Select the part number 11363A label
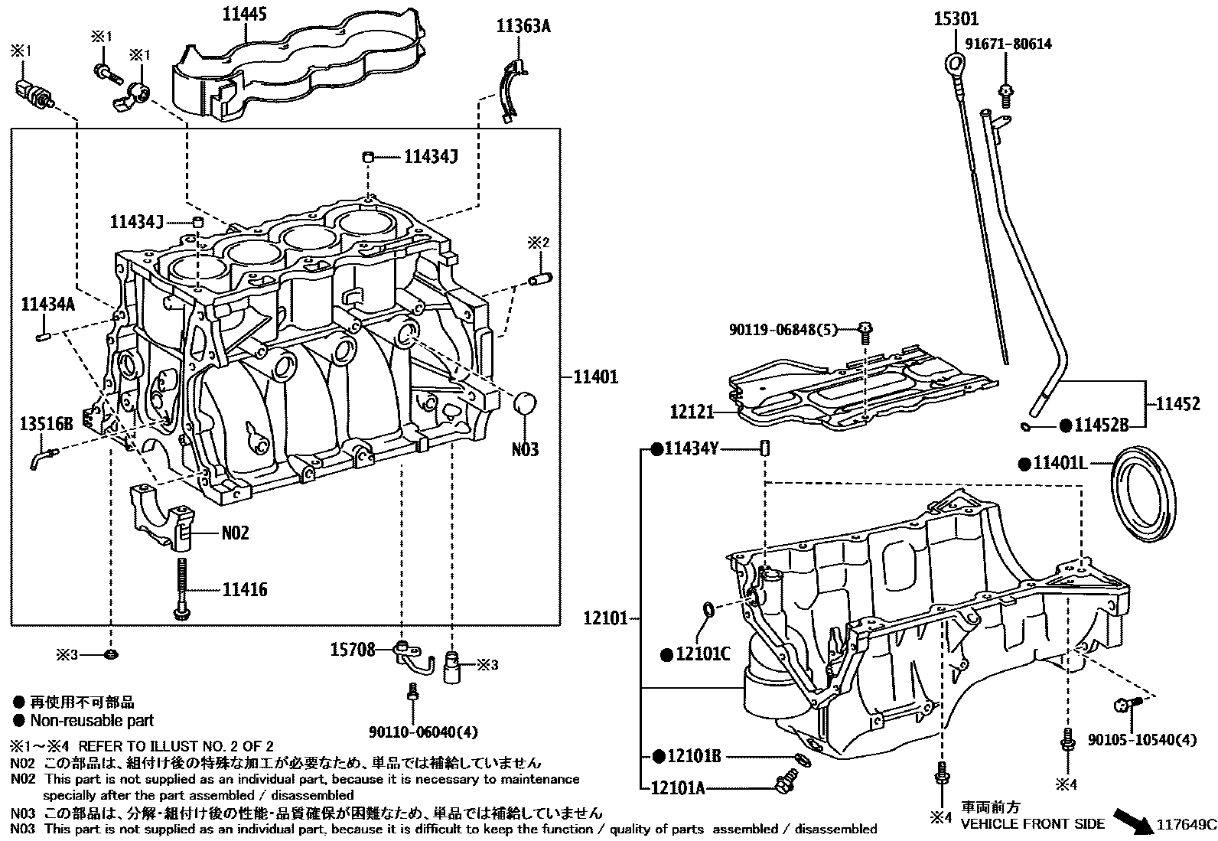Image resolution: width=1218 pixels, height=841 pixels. tap(523, 27)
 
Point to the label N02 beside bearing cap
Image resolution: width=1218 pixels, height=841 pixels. tap(235, 533)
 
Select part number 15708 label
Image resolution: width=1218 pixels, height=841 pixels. tap(353, 650)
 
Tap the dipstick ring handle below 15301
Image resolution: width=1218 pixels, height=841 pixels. tap(953, 61)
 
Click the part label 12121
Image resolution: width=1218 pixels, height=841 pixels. tap(692, 412)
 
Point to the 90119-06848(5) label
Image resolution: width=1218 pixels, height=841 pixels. tap(782, 330)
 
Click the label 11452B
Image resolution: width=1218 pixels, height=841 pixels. tap(1101, 425)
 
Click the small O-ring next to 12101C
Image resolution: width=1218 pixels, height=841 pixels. tap(708, 610)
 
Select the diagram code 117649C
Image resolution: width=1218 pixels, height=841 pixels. tap(1186, 824)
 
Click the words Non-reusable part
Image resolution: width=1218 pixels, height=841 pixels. tap(92, 720)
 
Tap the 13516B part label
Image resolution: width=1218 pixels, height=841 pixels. tap(47, 422)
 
